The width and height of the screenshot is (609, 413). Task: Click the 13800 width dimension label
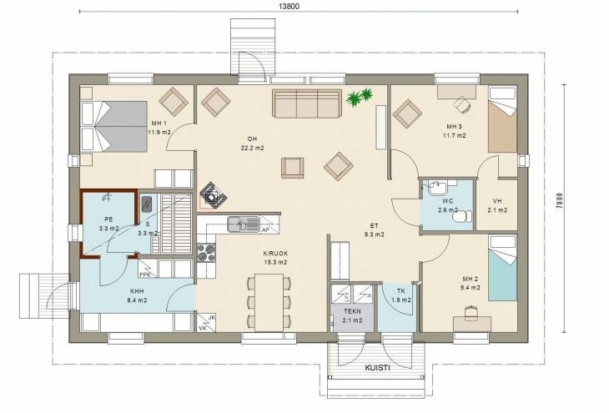click(289, 6)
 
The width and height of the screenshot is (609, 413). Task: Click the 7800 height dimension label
click(559, 201)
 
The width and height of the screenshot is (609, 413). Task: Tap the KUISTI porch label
click(377, 368)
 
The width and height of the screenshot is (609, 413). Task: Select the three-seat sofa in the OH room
click(307, 103)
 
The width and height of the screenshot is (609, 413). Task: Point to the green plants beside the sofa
click(360, 97)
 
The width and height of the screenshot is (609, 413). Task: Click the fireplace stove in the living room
click(213, 194)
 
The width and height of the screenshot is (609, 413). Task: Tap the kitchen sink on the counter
click(243, 224)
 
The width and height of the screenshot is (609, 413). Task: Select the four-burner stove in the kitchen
click(206, 252)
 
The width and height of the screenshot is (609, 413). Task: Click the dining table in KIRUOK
click(269, 303)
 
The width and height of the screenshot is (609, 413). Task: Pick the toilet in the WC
click(463, 216)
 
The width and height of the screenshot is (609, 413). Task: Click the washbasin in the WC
click(438, 188)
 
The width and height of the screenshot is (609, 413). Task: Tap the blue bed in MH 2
click(502, 268)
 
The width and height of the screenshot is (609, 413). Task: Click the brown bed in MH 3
click(502, 119)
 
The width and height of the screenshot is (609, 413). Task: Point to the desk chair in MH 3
click(462, 104)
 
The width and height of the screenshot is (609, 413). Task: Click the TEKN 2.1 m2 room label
click(352, 316)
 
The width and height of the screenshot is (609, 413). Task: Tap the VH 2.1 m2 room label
click(497, 205)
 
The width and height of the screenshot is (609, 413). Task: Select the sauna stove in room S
click(147, 204)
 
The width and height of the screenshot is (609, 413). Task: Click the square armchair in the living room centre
click(293, 168)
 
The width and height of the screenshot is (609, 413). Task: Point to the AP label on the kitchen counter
click(265, 229)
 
